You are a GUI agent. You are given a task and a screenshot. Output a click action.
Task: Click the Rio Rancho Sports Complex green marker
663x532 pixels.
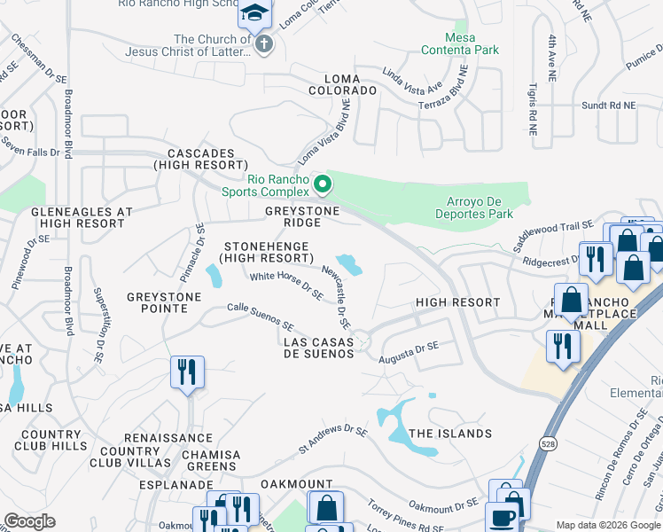click(323, 185)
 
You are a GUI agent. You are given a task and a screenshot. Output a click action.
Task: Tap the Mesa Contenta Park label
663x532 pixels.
click(473, 45)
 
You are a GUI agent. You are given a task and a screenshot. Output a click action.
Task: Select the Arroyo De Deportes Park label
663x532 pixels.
click(474, 207)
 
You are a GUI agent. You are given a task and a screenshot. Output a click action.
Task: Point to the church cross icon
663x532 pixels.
click(262, 43)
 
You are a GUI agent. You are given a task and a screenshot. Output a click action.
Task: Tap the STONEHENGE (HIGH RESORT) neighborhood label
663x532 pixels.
click(266, 252)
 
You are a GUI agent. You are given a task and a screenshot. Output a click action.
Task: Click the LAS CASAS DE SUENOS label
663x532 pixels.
click(318, 348)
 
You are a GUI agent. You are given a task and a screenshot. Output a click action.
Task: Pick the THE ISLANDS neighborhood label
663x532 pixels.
click(450, 434)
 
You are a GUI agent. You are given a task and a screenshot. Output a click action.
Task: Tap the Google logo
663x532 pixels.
click(30, 521)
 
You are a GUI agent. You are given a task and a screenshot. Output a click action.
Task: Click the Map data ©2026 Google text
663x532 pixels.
click(609, 525)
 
